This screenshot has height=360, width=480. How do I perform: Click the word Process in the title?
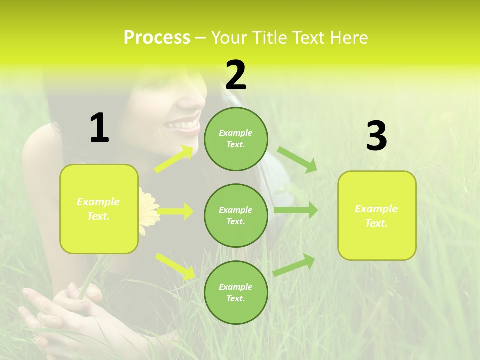157,37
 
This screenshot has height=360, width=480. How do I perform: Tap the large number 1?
99,128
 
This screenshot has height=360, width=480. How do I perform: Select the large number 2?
236,75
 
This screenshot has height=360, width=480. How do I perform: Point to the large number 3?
376,136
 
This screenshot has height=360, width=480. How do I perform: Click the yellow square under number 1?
99,209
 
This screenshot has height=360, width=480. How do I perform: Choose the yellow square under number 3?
377,215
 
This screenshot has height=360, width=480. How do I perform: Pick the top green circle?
236,139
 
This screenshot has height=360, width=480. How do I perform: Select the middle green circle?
236,215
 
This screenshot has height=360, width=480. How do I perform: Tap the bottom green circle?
236,292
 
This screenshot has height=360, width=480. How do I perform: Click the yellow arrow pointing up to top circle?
174,159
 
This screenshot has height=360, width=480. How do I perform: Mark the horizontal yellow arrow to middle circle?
175,211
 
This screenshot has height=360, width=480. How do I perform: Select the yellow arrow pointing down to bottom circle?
175,266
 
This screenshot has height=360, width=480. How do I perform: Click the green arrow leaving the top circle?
297,159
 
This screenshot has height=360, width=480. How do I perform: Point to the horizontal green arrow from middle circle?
295,210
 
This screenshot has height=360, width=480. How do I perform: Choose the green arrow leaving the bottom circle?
294,265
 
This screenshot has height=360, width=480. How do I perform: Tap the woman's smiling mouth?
183,125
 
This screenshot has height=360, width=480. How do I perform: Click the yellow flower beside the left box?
147,210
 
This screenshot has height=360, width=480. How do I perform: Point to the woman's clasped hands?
60,310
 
